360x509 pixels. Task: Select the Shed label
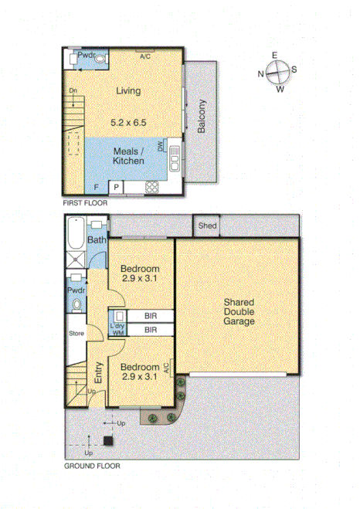click(x=206, y=226)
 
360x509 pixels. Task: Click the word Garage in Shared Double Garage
click(x=239, y=321)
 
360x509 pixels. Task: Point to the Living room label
click(x=128, y=91)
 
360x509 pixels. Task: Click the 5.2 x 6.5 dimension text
click(x=128, y=122)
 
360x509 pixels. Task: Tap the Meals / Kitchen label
click(x=128, y=156)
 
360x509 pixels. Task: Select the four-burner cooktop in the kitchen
click(x=152, y=187)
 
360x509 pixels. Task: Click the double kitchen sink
click(x=175, y=160)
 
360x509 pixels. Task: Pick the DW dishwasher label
click(x=161, y=146)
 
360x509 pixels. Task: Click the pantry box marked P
click(x=116, y=187)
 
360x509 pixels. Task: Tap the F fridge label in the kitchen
click(x=96, y=188)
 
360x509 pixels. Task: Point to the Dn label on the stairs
click(x=73, y=91)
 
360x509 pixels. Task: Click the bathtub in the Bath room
click(x=75, y=232)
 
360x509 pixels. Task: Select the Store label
click(x=75, y=334)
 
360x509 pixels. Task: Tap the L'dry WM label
click(x=118, y=327)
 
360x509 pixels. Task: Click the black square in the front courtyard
click(x=107, y=442)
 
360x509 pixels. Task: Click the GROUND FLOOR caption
click(x=92, y=466)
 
